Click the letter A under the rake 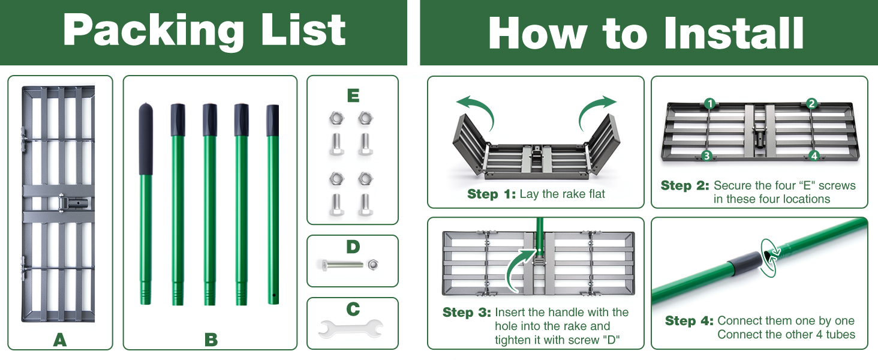[x=59, y=340]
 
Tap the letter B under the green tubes [x=211, y=340]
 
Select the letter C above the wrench [x=353, y=310]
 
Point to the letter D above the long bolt [x=353, y=247]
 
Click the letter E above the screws [x=353, y=95]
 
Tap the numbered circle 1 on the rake [x=709, y=103]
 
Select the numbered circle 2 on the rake [x=811, y=103]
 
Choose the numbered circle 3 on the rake [x=706, y=155]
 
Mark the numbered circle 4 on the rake [x=814, y=155]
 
